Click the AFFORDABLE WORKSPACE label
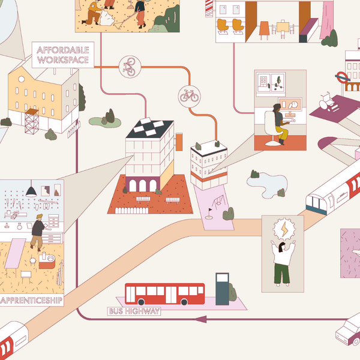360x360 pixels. pyautogui.click(x=62, y=55)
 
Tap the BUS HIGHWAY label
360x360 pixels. pyautogui.click(x=134, y=311)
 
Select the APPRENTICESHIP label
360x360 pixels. pyautogui.click(x=31, y=299)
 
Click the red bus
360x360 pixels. pyautogui.click(x=164, y=294)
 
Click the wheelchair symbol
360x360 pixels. pyautogui.click(x=328, y=98)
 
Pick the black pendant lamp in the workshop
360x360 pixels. pyautogui.click(x=31, y=191)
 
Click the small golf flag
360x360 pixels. pyautogui.click(x=210, y=211)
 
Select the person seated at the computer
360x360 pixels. pyautogui.click(x=279, y=122)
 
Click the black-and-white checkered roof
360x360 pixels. pyautogui.click(x=150, y=128)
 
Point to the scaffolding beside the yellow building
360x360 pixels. pyautogui.click(x=31, y=122)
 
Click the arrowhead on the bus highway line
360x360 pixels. pyautogui.click(x=202, y=319)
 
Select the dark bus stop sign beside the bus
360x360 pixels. pyautogui.click(x=223, y=287)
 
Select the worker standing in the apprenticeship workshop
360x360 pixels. pyautogui.click(x=37, y=231)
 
